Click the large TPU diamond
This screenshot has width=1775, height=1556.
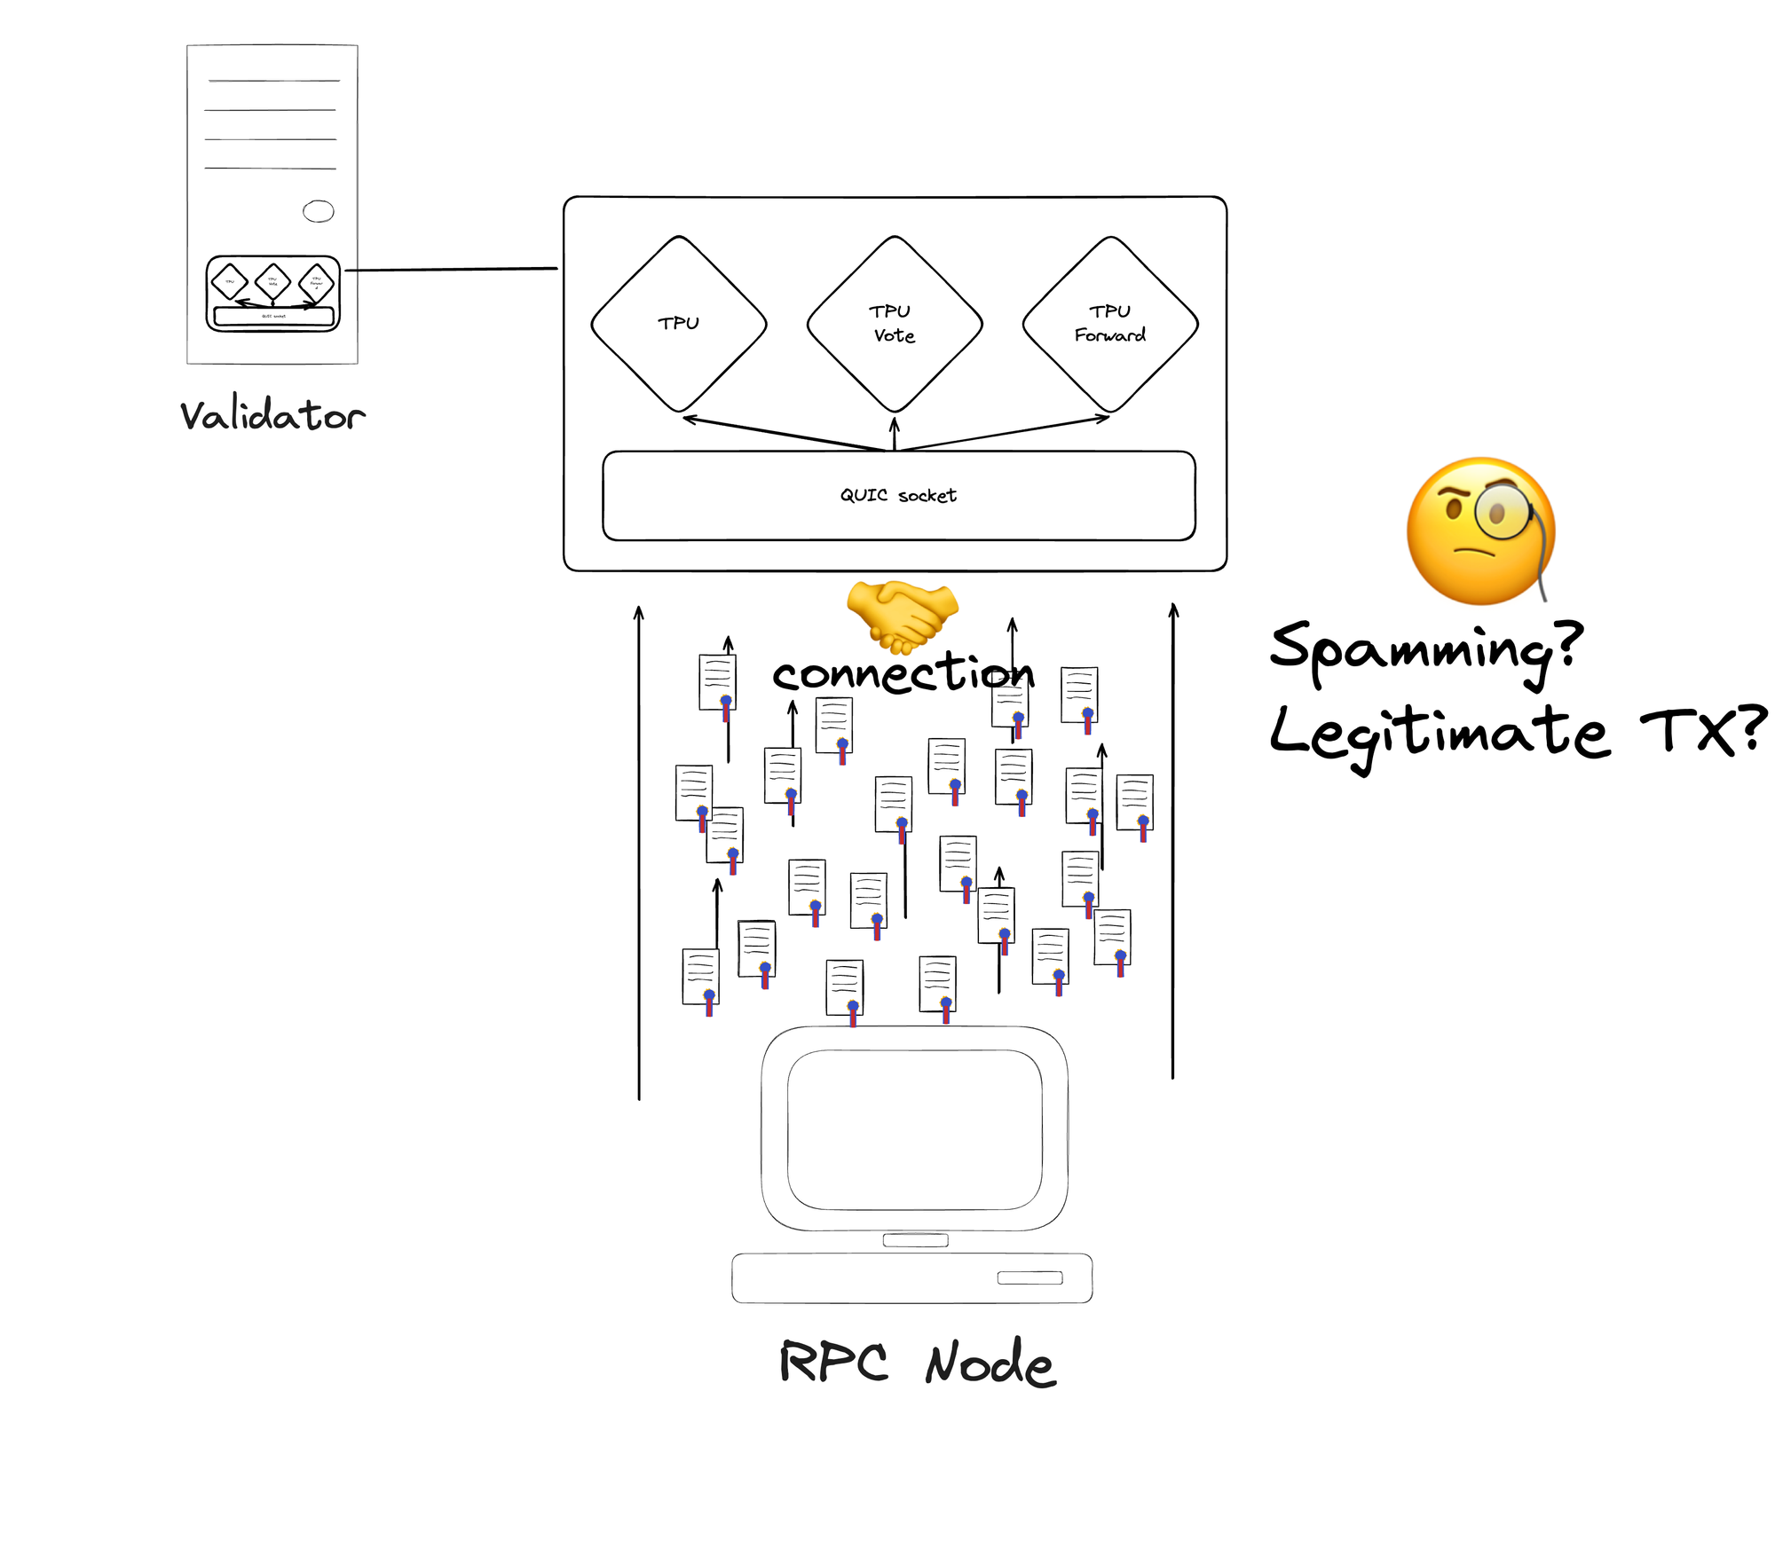coord(679,324)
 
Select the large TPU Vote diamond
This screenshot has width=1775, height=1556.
coord(895,324)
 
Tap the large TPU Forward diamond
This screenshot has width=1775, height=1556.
coord(1110,324)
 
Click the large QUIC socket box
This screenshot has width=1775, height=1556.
coord(898,496)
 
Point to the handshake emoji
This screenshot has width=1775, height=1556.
coord(902,615)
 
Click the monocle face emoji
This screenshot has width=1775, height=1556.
coord(1480,531)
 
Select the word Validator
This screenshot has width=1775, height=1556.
coord(272,415)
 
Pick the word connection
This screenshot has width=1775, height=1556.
coord(903,672)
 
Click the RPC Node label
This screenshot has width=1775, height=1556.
coord(917,1363)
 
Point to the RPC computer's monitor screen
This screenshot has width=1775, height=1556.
coord(914,1129)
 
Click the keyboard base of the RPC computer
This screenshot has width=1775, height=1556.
coord(911,1277)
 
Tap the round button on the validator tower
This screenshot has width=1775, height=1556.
coord(319,211)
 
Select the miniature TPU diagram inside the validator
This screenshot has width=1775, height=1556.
coord(273,294)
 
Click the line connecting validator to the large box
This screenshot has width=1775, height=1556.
coord(451,269)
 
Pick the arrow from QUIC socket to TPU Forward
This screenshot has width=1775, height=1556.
coord(1003,434)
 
